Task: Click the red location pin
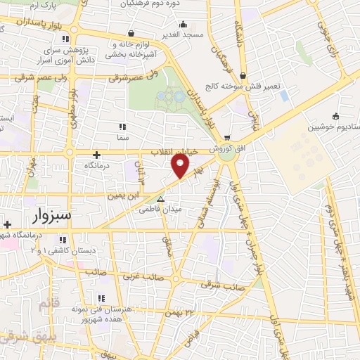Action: tap(181, 166)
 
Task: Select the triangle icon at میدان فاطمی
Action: tap(160, 199)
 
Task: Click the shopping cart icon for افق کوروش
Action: tap(226, 137)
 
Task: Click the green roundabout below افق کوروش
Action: tap(227, 156)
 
